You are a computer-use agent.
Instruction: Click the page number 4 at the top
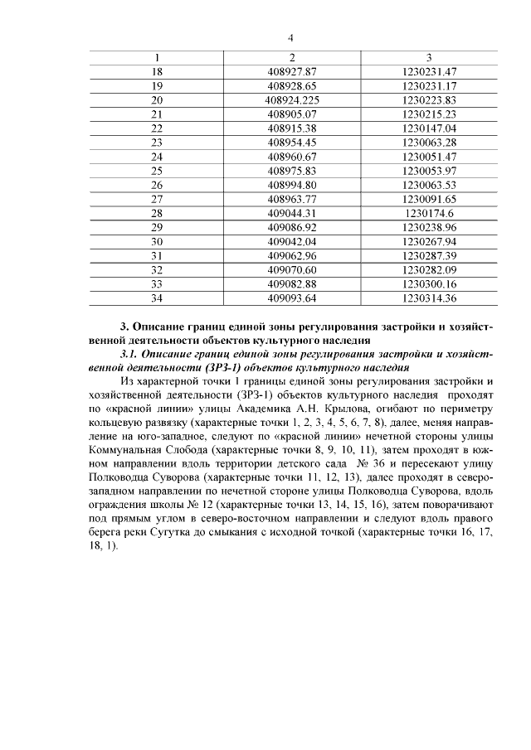[x=290, y=37]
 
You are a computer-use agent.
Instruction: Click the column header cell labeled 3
[x=428, y=57]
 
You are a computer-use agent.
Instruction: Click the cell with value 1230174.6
[x=428, y=212]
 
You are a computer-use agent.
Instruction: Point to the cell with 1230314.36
[x=428, y=298]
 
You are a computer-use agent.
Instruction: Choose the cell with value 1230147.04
[x=428, y=128]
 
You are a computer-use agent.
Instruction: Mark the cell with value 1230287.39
[x=428, y=255]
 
